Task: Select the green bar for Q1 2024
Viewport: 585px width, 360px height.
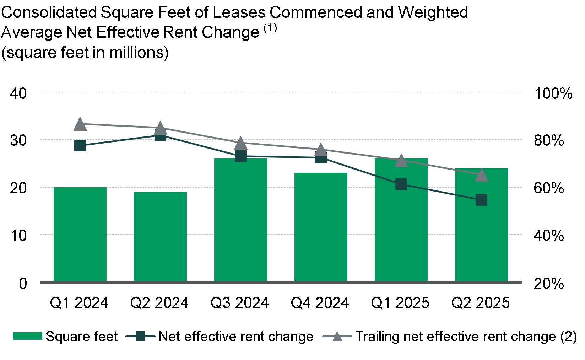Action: coord(80,235)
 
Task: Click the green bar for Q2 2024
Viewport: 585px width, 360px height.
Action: coord(160,237)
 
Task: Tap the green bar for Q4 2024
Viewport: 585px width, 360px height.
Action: coord(321,227)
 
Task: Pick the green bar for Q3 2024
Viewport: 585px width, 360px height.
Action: coord(240,220)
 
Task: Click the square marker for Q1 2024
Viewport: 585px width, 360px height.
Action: coord(80,145)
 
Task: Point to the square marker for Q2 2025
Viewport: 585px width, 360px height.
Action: coord(481,200)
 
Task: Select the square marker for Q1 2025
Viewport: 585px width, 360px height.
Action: coord(401,184)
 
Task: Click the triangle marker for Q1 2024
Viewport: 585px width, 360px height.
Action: coord(80,124)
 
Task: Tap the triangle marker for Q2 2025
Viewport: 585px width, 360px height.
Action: coord(481,175)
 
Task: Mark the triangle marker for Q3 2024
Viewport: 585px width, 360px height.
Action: coord(240,143)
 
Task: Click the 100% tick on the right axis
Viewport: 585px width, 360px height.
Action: coord(553,93)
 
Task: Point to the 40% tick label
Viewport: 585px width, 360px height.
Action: coord(549,236)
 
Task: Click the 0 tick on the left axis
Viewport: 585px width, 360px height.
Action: coord(23,284)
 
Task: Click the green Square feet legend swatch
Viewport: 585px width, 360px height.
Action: coord(27,336)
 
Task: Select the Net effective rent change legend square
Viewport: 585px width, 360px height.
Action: coord(141,336)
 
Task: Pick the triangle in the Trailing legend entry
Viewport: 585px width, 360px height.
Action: coord(337,336)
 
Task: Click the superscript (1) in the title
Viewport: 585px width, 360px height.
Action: coord(270,28)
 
